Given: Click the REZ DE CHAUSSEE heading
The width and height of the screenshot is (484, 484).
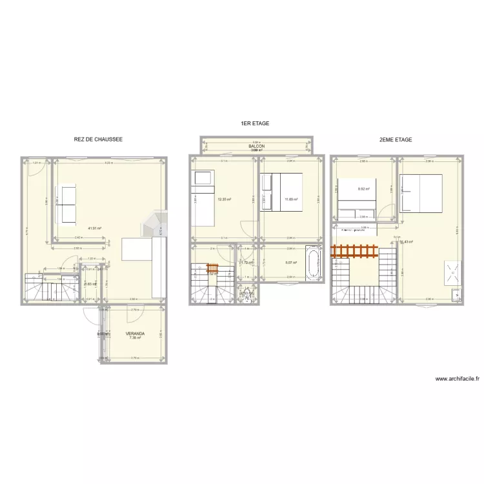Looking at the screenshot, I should (98, 139).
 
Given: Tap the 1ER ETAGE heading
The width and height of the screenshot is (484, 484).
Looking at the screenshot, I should (254, 123).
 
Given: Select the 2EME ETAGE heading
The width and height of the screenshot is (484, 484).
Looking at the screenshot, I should (395, 139).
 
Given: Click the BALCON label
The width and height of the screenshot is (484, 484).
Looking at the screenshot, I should (256, 146).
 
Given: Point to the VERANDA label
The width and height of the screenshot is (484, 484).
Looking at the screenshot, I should (135, 333).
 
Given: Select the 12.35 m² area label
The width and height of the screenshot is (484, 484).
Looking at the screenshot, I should (224, 199).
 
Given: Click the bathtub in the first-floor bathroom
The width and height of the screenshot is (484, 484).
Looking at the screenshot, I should (314, 264).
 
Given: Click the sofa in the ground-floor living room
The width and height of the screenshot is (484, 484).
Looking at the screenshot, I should (67, 204).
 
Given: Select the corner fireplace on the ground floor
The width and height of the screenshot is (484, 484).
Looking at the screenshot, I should (155, 223).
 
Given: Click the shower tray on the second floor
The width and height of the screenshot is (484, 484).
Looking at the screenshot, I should (452, 272).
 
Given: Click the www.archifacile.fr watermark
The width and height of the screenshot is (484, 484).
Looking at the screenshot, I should (457, 379).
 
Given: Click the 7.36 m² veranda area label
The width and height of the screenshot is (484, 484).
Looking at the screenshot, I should (135, 338).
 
